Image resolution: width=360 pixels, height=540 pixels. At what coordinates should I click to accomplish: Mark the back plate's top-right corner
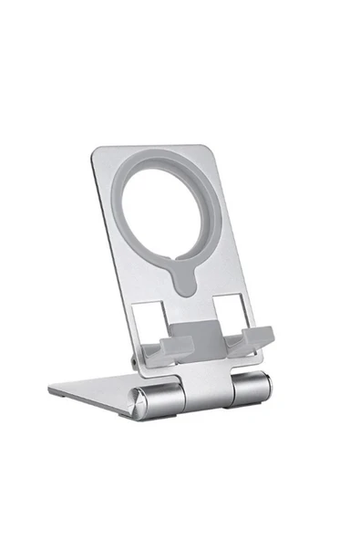[x=208, y=146]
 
